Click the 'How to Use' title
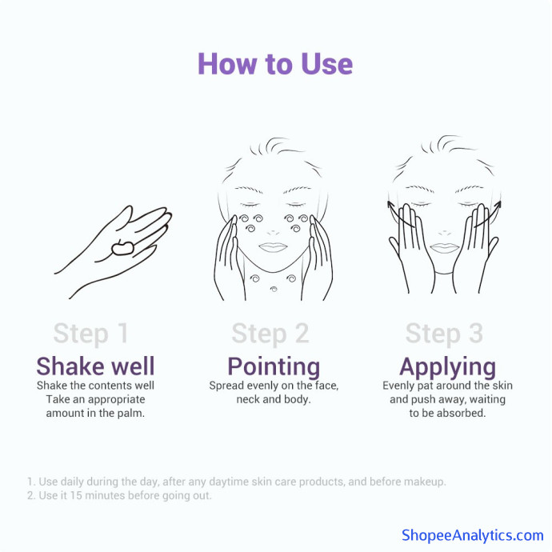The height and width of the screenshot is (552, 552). pyautogui.click(x=275, y=64)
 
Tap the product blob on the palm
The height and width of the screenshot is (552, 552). pyautogui.click(x=122, y=248)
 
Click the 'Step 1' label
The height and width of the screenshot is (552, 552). pyautogui.click(x=91, y=334)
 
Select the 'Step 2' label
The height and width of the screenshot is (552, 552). pyautogui.click(x=270, y=334)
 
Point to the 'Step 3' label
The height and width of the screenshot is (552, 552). pyautogui.click(x=444, y=334)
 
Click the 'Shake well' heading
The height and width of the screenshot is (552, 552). pyautogui.click(x=95, y=366)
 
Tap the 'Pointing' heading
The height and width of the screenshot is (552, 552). pyautogui.click(x=274, y=367)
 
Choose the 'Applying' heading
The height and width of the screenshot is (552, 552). pyautogui.click(x=447, y=367)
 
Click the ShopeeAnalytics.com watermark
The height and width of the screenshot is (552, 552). pyautogui.click(x=473, y=535)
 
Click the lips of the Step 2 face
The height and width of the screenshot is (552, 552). pyautogui.click(x=273, y=247)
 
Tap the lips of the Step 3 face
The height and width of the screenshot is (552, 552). pyautogui.click(x=445, y=248)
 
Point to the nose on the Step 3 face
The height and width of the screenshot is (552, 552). pyautogui.click(x=444, y=233)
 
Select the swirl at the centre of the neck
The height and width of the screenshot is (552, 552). pyautogui.click(x=274, y=289)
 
